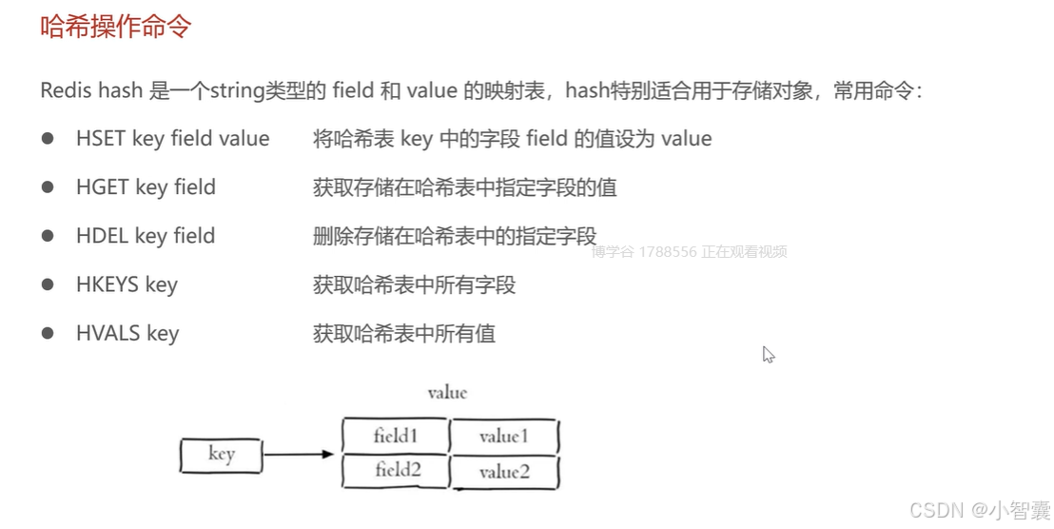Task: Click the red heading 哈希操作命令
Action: pos(115,26)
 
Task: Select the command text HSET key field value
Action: pos(172,139)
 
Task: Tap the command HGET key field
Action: pos(146,187)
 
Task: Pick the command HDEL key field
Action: pos(146,236)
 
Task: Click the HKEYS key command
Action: pos(127,284)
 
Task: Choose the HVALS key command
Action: pos(127,333)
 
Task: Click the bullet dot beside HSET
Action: pos(48,139)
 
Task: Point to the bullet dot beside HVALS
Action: pos(48,333)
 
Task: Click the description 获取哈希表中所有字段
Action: pos(414,284)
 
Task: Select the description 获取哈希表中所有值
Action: pos(403,333)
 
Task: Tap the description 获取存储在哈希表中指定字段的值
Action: pos(464,187)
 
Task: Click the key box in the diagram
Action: pos(221,455)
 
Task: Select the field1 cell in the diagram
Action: pos(396,437)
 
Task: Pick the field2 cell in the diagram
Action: pos(398,470)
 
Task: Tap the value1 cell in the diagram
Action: pos(503,437)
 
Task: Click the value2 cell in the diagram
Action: pos(503,471)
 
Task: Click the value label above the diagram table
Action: pos(447,392)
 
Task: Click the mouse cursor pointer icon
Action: pos(768,354)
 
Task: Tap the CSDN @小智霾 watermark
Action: pos(979,510)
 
